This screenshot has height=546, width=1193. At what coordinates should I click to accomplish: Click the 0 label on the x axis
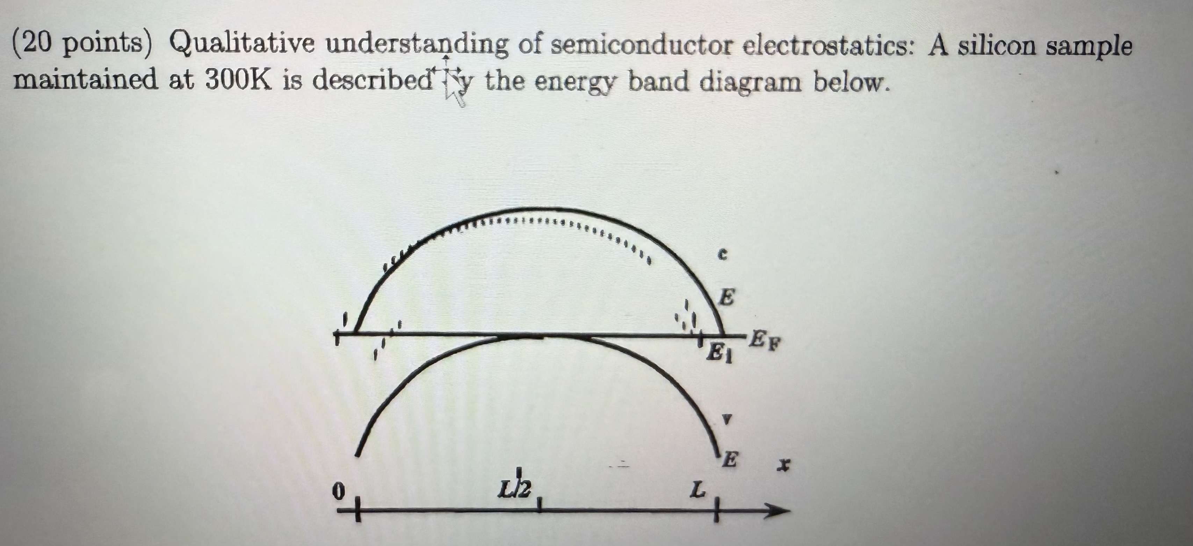pos(340,490)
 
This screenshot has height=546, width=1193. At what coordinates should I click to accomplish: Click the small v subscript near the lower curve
pos(728,419)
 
